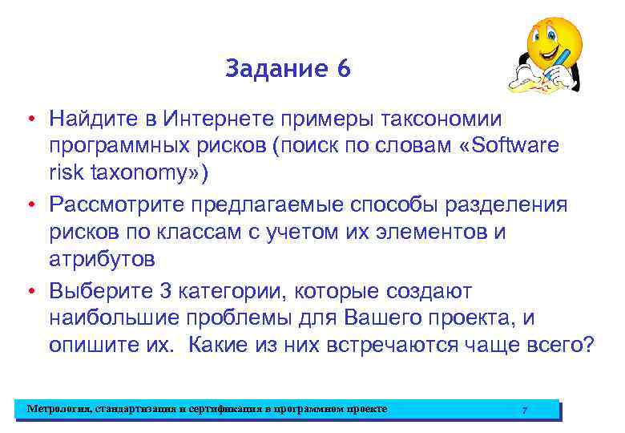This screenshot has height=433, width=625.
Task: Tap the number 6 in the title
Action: (x=344, y=70)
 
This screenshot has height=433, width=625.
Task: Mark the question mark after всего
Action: (x=589, y=345)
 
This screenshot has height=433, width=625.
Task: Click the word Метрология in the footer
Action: (x=58, y=409)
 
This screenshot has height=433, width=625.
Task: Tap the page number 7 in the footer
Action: (x=524, y=410)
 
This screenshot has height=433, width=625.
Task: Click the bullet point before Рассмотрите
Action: (x=28, y=205)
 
